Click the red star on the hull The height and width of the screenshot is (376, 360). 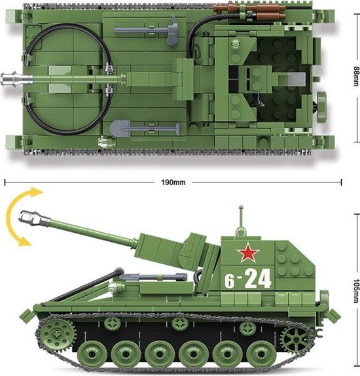(245, 252)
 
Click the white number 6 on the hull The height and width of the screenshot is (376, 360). (230, 282)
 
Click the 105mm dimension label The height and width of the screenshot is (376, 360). (354, 286)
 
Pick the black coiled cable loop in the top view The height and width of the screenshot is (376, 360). (65, 78)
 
